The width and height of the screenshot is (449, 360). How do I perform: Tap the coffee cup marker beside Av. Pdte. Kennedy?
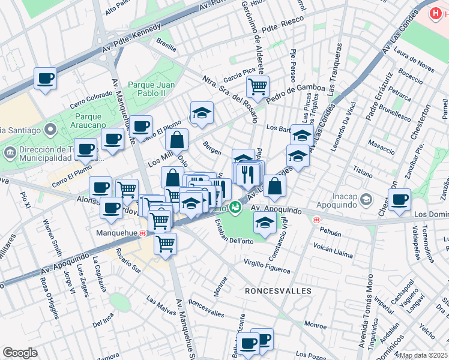point(46,79)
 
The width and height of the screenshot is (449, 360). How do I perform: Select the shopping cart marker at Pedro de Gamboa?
point(258,86)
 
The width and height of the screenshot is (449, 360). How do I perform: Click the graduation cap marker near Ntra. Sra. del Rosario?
point(202,112)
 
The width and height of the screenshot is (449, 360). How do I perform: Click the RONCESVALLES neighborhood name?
point(278,291)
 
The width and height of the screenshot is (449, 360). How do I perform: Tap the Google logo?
point(19,353)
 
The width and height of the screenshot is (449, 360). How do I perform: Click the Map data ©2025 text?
point(424,355)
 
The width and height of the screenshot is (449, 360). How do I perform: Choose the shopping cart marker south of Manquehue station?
point(165,244)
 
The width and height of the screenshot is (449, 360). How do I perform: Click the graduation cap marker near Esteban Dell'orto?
point(265,223)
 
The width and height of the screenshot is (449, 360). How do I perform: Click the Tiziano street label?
point(362,171)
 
